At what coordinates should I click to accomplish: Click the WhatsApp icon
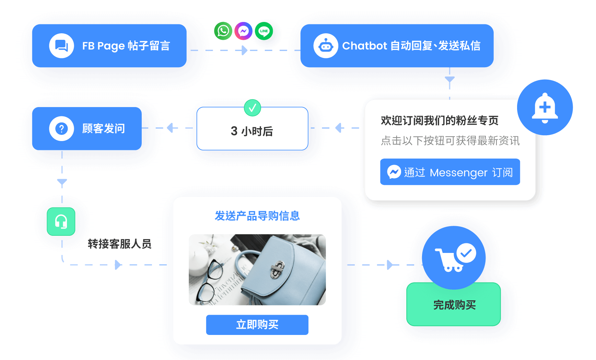[x=223, y=31]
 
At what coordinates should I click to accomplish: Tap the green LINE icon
[x=264, y=31]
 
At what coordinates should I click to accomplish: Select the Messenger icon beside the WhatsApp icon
[x=243, y=31]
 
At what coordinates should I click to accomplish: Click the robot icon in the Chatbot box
[x=326, y=46]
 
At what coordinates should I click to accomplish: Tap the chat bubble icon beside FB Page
[x=61, y=46]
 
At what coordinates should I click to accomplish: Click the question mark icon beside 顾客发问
[x=61, y=129]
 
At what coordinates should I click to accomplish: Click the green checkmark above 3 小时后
[x=253, y=108]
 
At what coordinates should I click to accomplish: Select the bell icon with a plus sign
[x=545, y=107]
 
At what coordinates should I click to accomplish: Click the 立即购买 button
[x=257, y=325]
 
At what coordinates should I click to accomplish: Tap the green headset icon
[x=61, y=222]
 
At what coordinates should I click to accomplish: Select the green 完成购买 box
[x=454, y=305]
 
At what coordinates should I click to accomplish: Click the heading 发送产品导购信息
[x=257, y=216]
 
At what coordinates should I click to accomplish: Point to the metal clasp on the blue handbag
[x=278, y=269]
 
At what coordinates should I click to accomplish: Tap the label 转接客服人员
[x=119, y=244]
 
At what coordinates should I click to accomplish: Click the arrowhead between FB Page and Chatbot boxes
[x=244, y=50]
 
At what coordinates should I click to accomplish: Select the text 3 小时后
[x=252, y=131]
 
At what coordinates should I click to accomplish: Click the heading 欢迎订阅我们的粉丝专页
[x=440, y=120]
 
